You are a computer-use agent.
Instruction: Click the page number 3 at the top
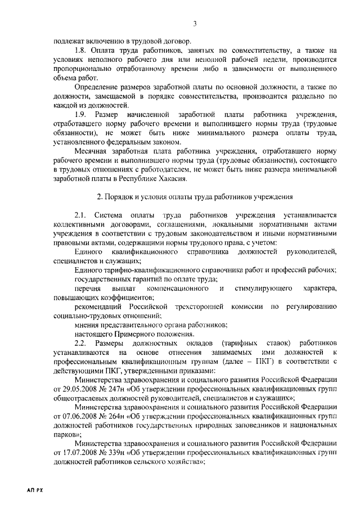(195, 23)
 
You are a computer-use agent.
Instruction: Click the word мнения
(86, 325)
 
